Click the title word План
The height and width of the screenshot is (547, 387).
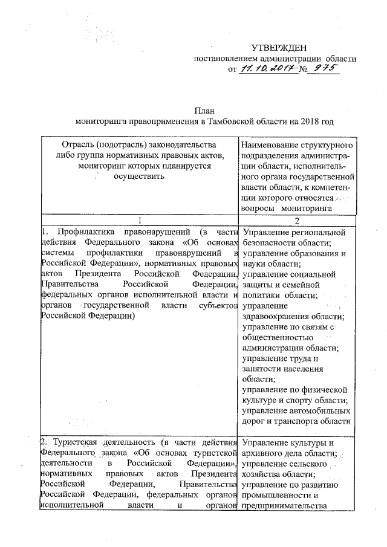203,111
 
